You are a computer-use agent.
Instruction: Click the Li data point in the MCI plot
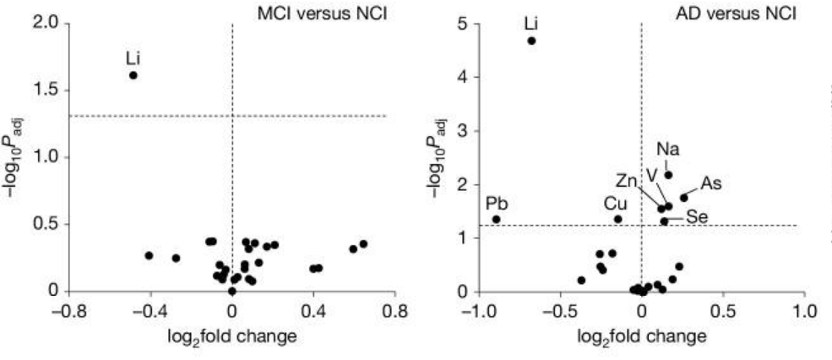point(133,75)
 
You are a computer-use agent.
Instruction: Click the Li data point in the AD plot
point(532,41)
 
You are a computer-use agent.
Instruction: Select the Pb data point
point(497,220)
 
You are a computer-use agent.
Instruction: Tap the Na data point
point(668,175)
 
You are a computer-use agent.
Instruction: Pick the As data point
point(684,198)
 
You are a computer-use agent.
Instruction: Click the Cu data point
point(617,219)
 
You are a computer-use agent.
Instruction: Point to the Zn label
point(627,180)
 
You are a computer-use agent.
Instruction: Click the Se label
point(697,217)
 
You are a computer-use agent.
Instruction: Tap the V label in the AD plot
point(651,173)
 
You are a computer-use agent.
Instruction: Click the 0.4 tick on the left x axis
point(313,310)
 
